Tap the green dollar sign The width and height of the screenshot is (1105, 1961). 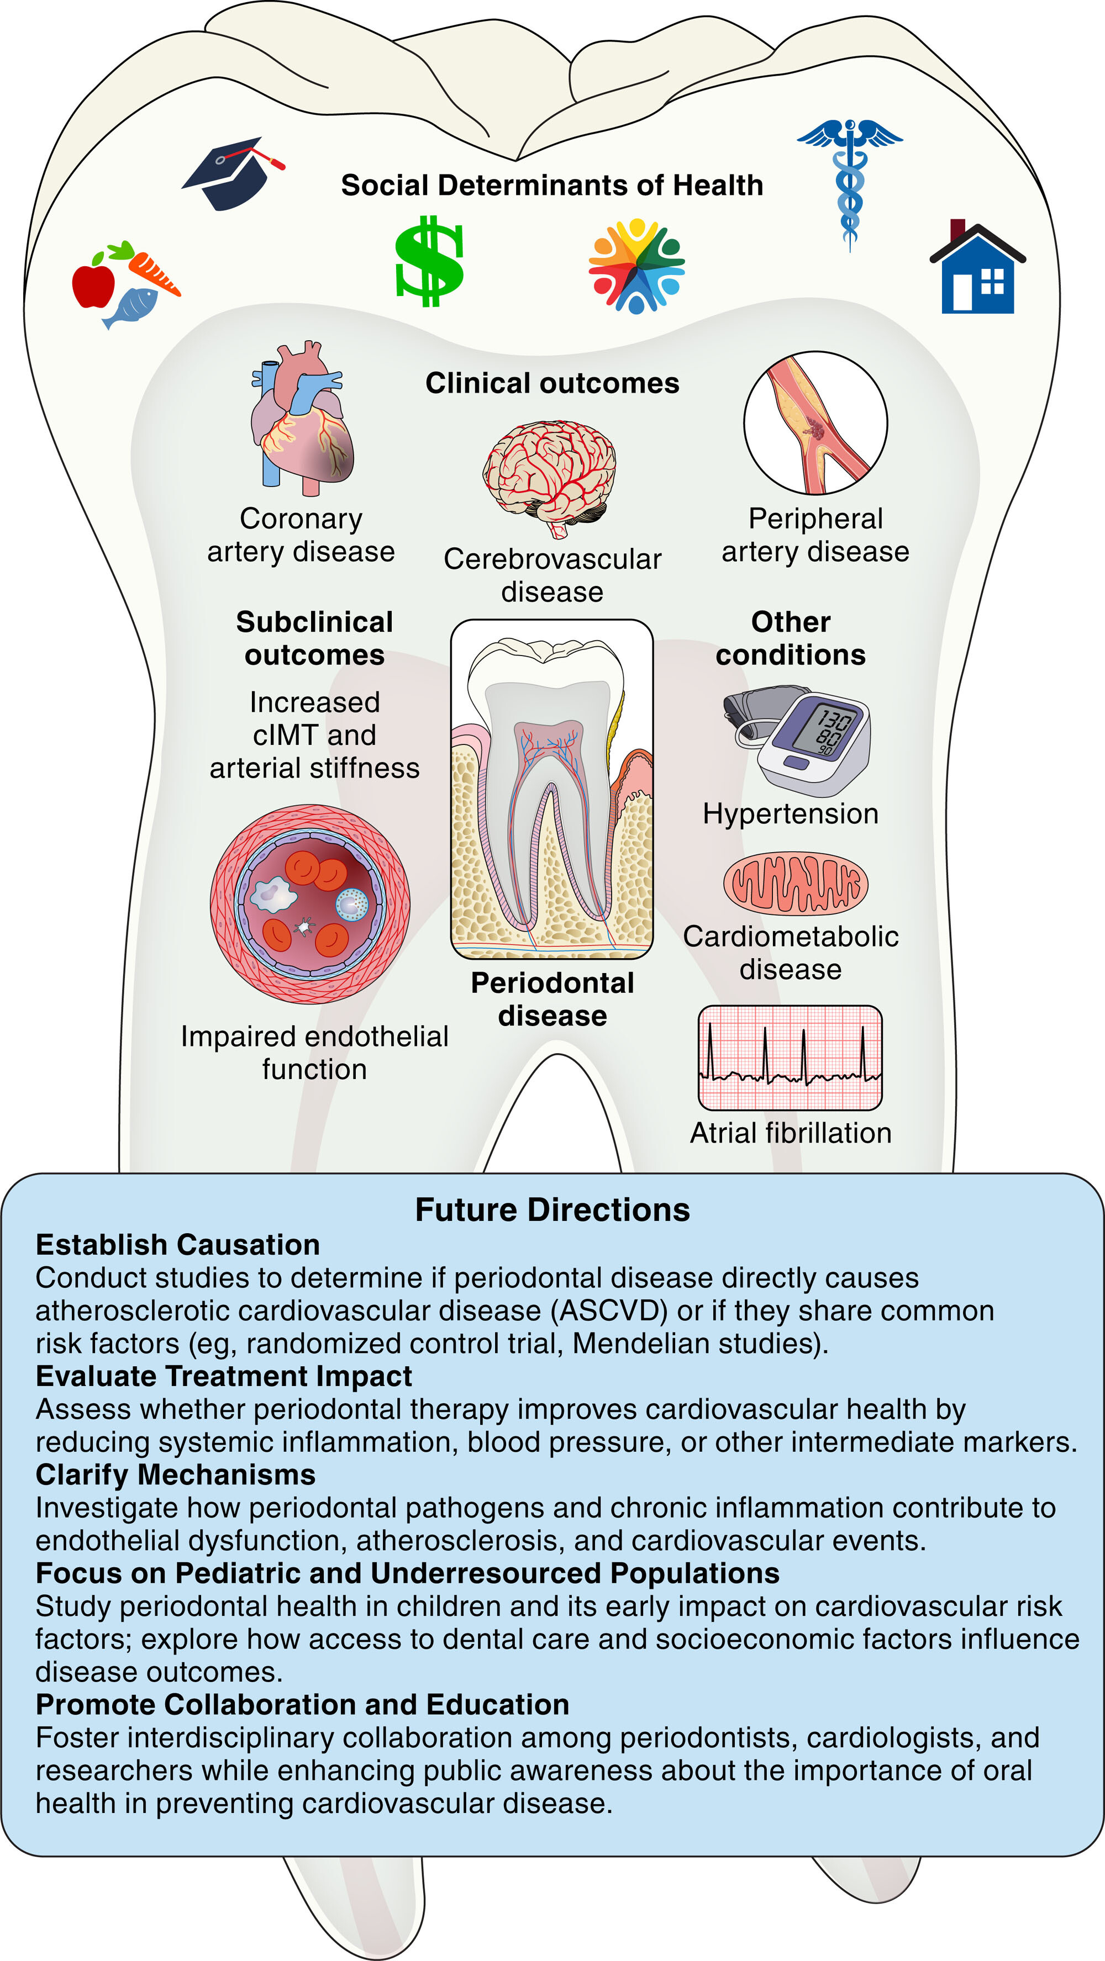click(x=429, y=261)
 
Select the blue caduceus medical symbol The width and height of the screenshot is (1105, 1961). click(x=850, y=183)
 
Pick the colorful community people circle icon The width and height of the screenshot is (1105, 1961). click(x=636, y=266)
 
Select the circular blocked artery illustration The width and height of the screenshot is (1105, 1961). click(x=815, y=422)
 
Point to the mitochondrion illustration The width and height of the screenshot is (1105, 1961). click(x=795, y=883)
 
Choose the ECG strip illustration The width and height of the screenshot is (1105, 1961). click(x=790, y=1058)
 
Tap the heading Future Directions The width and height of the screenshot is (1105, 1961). click(x=552, y=1209)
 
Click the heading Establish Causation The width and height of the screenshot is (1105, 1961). click(x=177, y=1245)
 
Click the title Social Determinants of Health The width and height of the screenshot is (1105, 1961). click(x=551, y=185)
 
